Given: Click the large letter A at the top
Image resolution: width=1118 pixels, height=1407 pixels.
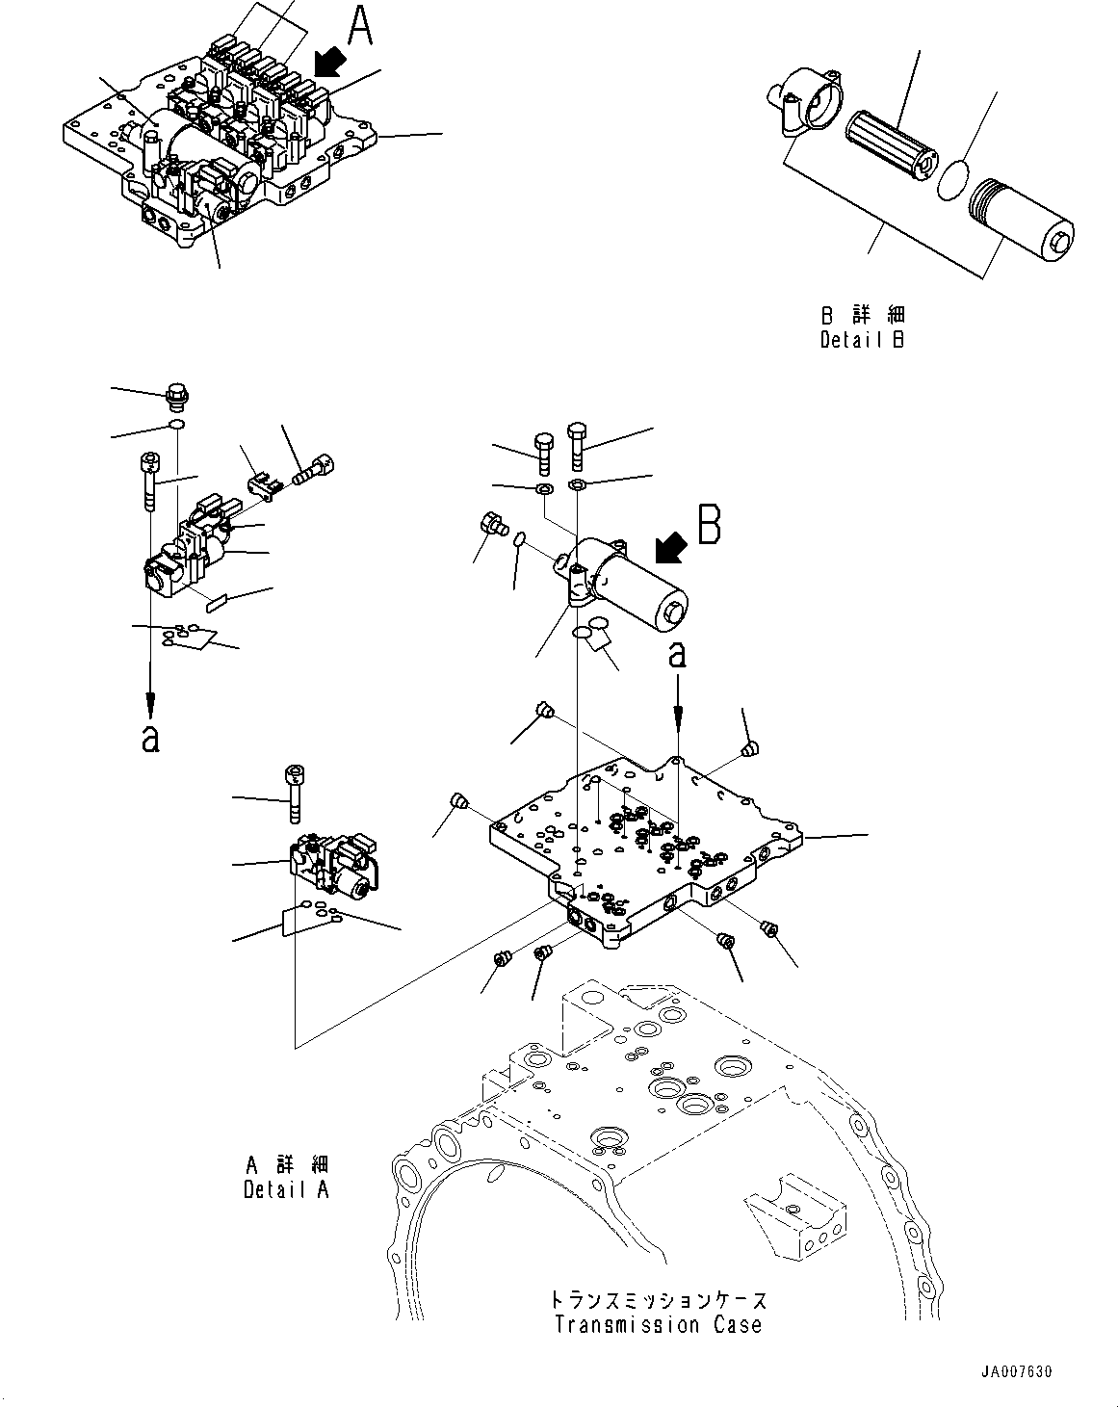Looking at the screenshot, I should pyautogui.click(x=359, y=26).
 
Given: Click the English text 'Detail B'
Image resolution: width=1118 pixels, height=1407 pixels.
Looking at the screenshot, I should pyautogui.click(x=862, y=339).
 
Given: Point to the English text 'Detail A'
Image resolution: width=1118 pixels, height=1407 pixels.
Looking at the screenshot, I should pyautogui.click(x=286, y=1189).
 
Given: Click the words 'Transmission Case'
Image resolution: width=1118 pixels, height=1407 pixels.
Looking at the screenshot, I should pyautogui.click(x=658, y=1324).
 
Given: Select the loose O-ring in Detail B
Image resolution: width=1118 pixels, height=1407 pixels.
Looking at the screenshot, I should pyautogui.click(x=952, y=180).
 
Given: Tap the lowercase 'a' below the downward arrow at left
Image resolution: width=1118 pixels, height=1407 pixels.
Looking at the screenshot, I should pyautogui.click(x=149, y=739).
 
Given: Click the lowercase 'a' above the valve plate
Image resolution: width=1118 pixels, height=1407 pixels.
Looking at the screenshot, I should pyautogui.click(x=678, y=655).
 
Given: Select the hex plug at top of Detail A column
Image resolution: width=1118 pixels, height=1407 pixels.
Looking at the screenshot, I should pyautogui.click(x=176, y=395).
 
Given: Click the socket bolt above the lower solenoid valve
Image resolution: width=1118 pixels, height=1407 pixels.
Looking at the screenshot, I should pyautogui.click(x=295, y=794).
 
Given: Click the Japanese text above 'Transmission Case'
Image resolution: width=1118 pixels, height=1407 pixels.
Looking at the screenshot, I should pyautogui.click(x=658, y=1300).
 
